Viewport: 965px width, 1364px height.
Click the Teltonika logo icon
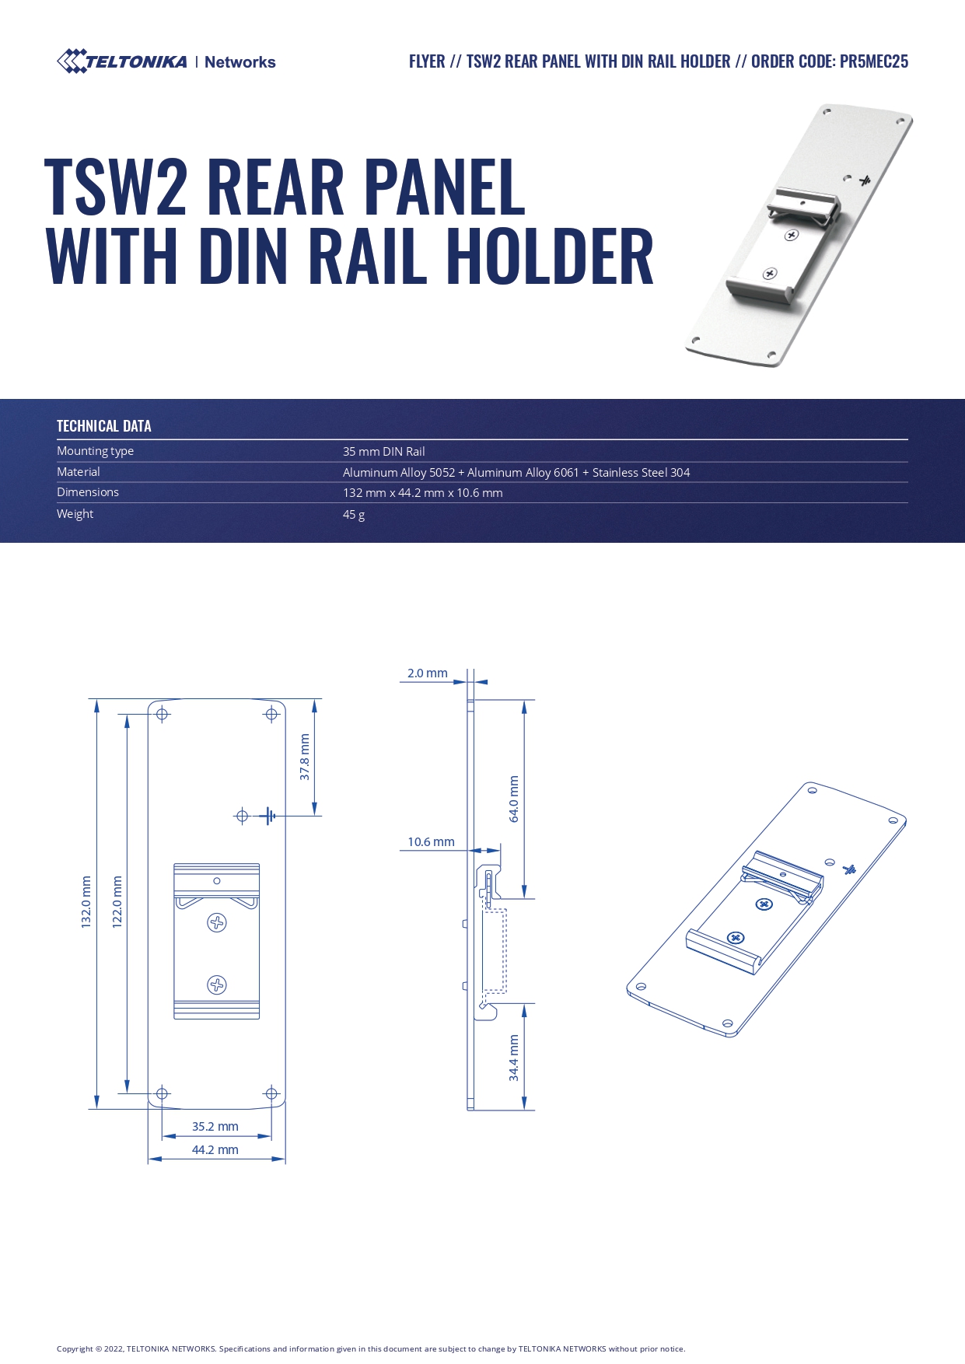[72, 61]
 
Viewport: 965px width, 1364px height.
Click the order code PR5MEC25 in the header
[873, 61]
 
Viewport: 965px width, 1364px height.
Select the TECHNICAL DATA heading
[103, 426]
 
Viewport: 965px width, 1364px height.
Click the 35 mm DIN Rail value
[383, 452]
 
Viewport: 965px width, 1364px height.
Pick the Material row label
[79, 472]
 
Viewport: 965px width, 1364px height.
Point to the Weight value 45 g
[354, 515]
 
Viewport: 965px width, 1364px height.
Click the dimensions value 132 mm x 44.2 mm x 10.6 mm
[422, 493]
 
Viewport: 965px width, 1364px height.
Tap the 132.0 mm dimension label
[86, 902]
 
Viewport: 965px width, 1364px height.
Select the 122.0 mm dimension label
[117, 902]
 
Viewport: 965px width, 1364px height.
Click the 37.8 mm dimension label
[305, 757]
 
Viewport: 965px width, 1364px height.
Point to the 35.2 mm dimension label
[215, 1127]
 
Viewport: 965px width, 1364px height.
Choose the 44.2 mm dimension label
[215, 1150]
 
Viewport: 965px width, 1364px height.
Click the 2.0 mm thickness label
[427, 673]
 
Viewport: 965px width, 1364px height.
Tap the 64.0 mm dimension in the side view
[514, 799]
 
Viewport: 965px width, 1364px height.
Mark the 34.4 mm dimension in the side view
[514, 1058]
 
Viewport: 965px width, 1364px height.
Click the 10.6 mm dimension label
[431, 842]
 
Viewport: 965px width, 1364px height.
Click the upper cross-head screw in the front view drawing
[217, 923]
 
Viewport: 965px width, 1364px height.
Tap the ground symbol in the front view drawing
[268, 816]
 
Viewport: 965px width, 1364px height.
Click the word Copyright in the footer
[75, 1349]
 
